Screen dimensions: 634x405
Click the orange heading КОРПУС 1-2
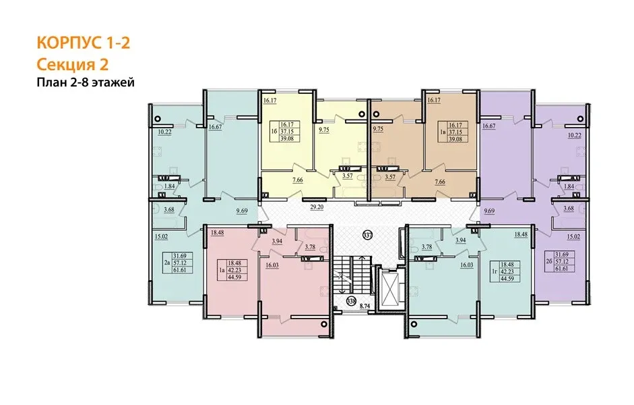click(84, 43)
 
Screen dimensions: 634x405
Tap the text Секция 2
click(73, 64)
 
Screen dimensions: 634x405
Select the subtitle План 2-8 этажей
click(86, 82)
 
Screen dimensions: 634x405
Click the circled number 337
click(368, 235)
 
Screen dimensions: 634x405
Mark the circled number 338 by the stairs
click(351, 301)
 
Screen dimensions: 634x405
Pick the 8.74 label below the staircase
click(364, 306)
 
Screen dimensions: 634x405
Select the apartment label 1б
click(274, 132)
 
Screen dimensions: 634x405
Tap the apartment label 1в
click(443, 132)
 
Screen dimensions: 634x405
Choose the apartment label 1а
click(221, 269)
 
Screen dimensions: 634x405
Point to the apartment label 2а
click(166, 263)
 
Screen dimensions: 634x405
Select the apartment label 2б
click(548, 261)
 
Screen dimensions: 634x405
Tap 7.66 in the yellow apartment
click(298, 180)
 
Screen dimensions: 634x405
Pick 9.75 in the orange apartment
click(378, 129)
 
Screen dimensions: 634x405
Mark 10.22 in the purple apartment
click(574, 135)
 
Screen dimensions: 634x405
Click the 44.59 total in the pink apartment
click(234, 277)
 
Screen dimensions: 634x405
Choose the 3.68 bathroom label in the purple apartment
click(569, 209)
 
